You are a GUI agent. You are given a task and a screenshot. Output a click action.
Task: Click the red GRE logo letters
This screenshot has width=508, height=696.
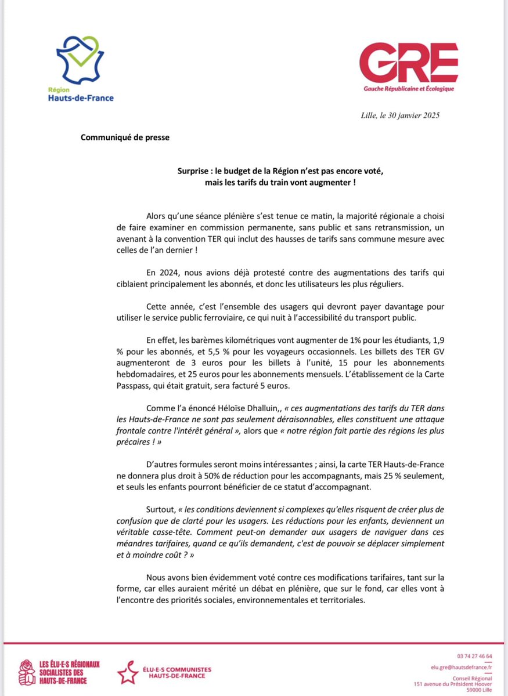tap(408, 63)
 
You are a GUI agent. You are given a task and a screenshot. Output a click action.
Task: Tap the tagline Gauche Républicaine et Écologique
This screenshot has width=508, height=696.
tap(409, 88)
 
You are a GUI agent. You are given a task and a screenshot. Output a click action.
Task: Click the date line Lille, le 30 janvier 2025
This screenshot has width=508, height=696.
tap(400, 115)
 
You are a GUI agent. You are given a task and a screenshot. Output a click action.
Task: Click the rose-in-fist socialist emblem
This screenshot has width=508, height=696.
tap(27, 672)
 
